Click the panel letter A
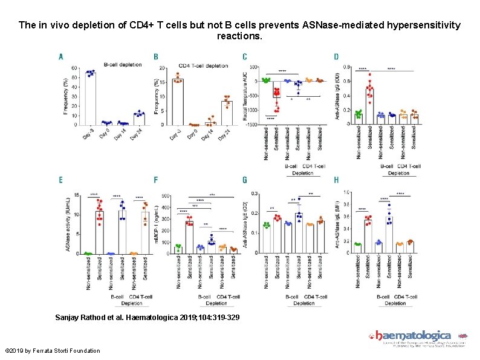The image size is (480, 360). point(60,57)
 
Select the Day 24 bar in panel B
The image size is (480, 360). point(226,113)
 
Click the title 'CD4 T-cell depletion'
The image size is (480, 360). point(203,65)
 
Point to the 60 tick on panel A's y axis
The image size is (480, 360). point(74,68)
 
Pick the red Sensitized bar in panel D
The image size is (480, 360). point(369,106)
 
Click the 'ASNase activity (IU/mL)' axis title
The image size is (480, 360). point(67,224)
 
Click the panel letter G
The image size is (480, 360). point(245,180)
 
